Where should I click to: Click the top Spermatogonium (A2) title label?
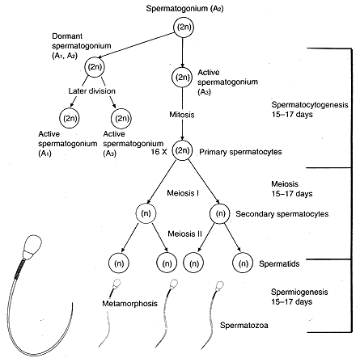click(x=184, y=9)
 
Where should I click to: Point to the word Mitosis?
click(x=182, y=115)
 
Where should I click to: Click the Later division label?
click(x=92, y=91)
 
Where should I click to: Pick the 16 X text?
click(x=159, y=152)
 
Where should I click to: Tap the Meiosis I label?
click(x=183, y=193)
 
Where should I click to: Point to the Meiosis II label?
click(x=184, y=234)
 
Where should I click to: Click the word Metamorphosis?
click(x=129, y=304)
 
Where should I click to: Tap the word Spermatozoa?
click(x=244, y=325)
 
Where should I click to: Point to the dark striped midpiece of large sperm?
click(x=19, y=268)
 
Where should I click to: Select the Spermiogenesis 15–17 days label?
click(x=299, y=297)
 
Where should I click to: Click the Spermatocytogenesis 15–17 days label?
click(x=310, y=109)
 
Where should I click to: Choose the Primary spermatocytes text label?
click(x=240, y=152)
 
